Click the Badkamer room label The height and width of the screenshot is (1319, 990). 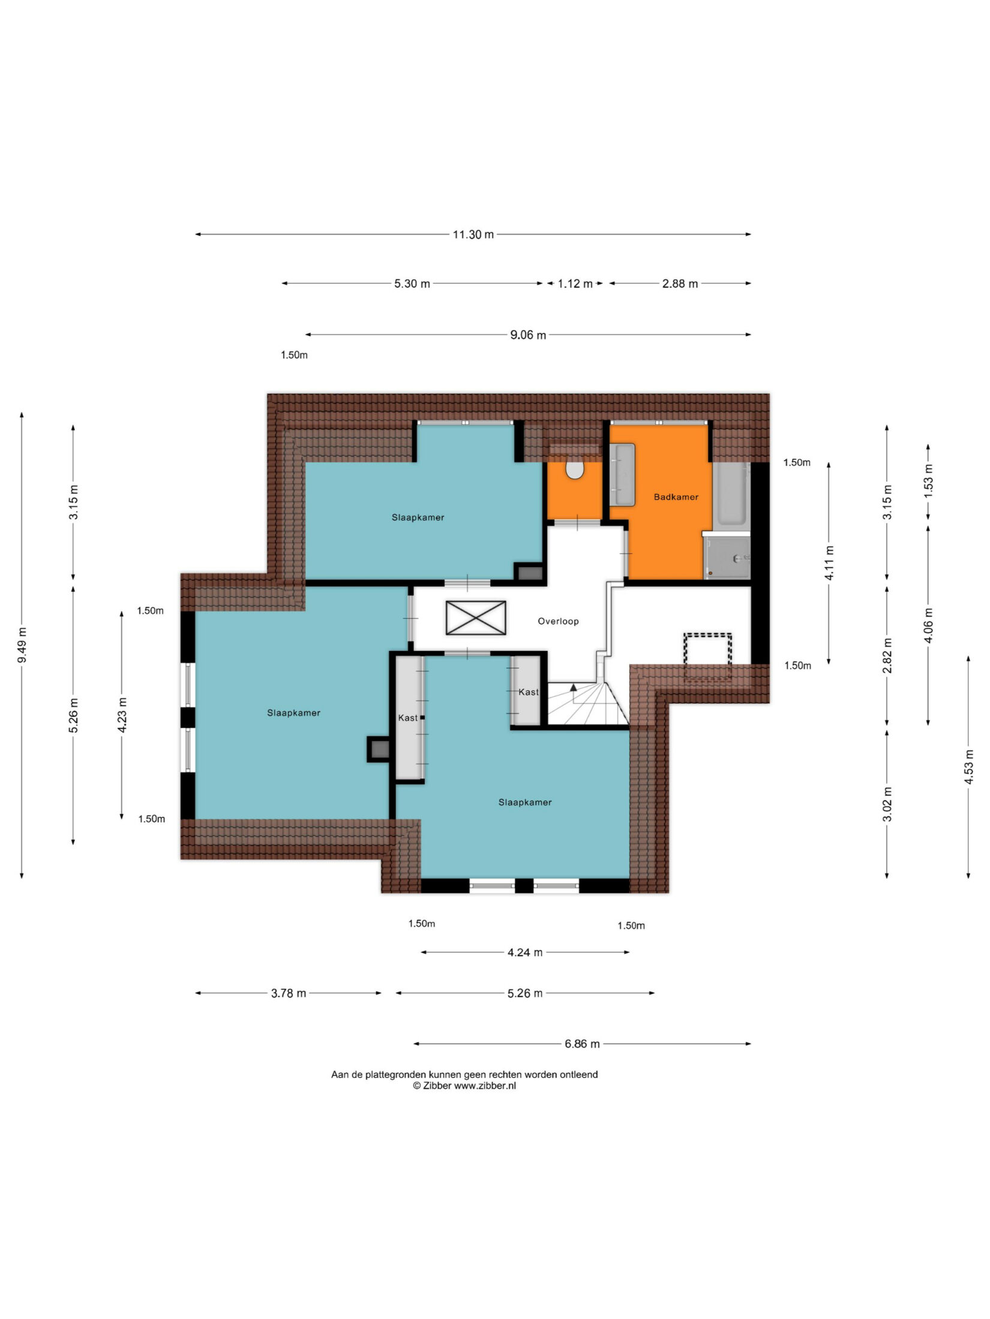point(676,497)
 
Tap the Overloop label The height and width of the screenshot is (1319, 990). point(558,621)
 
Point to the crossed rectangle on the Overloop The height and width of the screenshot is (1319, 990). point(476,618)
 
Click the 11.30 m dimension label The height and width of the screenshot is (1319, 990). point(473,234)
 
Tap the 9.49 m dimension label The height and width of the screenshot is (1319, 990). point(22,645)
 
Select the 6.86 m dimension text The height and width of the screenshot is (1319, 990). point(582,1044)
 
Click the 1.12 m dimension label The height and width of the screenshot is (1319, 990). point(575,284)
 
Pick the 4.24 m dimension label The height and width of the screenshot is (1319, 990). point(525,952)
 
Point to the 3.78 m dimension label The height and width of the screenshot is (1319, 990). point(289,993)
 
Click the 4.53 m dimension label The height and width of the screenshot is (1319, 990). point(968,767)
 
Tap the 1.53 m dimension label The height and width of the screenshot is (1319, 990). point(928,481)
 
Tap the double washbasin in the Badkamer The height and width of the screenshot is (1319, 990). point(622,474)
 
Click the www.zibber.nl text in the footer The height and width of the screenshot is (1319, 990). point(485,1086)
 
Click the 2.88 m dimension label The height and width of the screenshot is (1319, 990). point(680,284)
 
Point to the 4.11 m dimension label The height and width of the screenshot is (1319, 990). point(829,562)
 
